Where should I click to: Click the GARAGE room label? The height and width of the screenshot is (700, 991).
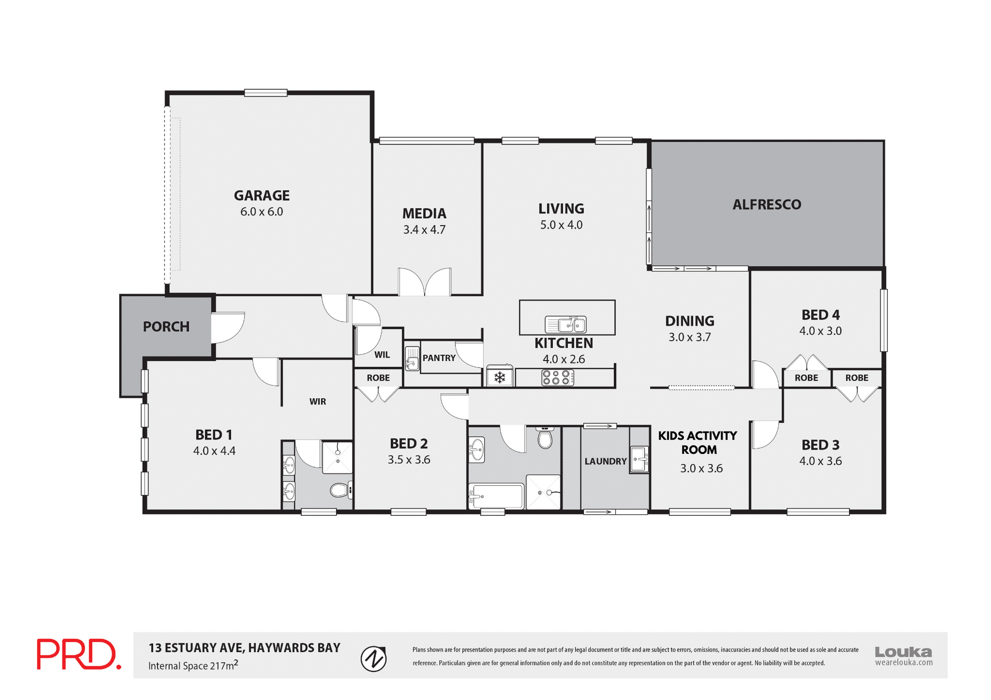pos(262,196)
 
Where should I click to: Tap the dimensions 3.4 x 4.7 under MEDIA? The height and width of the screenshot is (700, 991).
pos(424,230)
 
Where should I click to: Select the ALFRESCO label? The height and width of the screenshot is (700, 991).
pos(766,205)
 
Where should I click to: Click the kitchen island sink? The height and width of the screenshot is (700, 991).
pos(566,324)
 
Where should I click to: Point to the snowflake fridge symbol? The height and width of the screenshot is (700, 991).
pos(500,378)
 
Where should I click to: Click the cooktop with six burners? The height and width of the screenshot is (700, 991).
pos(557,378)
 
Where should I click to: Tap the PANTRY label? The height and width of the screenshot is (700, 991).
pos(439,358)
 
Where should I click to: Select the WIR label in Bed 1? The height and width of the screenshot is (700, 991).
pos(317,401)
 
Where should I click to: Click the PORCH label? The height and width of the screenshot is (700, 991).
pos(166,327)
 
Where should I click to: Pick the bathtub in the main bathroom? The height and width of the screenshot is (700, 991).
pos(496,496)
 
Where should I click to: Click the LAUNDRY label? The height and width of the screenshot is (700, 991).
pos(605,461)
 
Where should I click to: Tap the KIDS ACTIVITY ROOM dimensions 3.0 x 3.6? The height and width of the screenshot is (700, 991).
pos(701,468)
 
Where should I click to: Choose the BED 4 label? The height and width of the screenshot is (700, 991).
pos(820,315)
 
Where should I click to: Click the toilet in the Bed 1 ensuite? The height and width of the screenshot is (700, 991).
pos(340,490)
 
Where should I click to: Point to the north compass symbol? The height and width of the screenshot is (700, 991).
pos(374,659)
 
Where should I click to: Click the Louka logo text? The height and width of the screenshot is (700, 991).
pos(903,652)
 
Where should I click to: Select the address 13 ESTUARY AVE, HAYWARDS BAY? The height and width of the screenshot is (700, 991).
pos(245,648)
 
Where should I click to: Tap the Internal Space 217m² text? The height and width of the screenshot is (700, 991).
pos(193,665)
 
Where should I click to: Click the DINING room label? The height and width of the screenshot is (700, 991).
pos(690,321)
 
